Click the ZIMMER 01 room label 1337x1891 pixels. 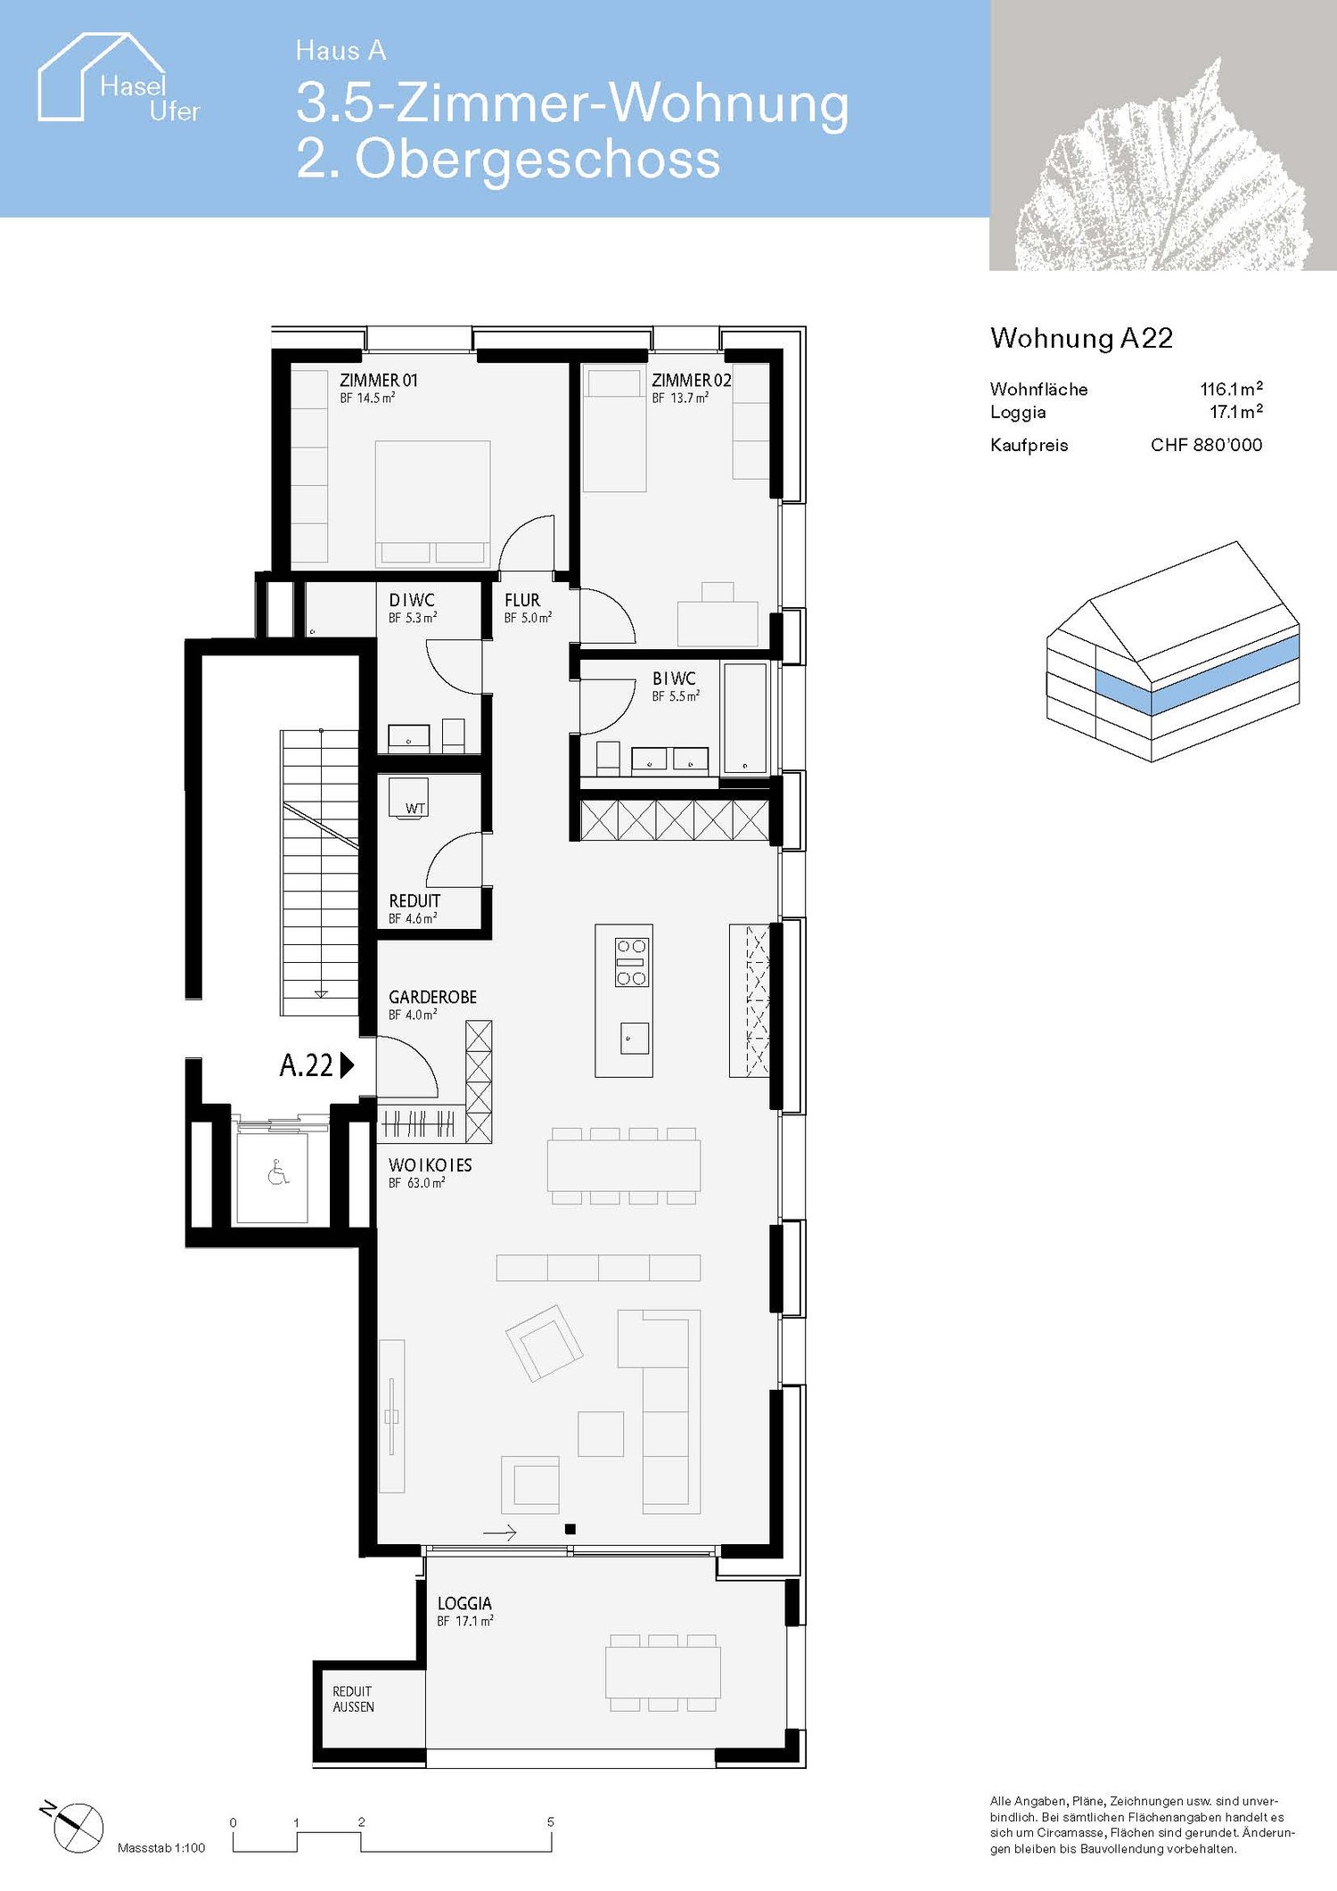click(x=378, y=381)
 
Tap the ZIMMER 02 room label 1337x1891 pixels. click(x=691, y=381)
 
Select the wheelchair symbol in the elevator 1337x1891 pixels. click(x=278, y=1172)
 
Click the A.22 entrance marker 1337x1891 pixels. click(x=316, y=1065)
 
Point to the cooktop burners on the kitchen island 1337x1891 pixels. click(x=631, y=962)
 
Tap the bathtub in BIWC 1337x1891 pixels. click(x=744, y=717)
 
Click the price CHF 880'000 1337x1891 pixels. click(x=1206, y=445)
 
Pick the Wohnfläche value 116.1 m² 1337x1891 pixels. click(x=1231, y=389)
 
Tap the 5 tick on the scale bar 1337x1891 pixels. click(x=550, y=1821)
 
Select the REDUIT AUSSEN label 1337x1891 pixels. click(x=353, y=1699)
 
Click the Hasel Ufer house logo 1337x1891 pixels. click(x=116, y=80)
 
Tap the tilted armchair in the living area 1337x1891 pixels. click(x=544, y=1343)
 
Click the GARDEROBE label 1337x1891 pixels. click(x=432, y=997)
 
